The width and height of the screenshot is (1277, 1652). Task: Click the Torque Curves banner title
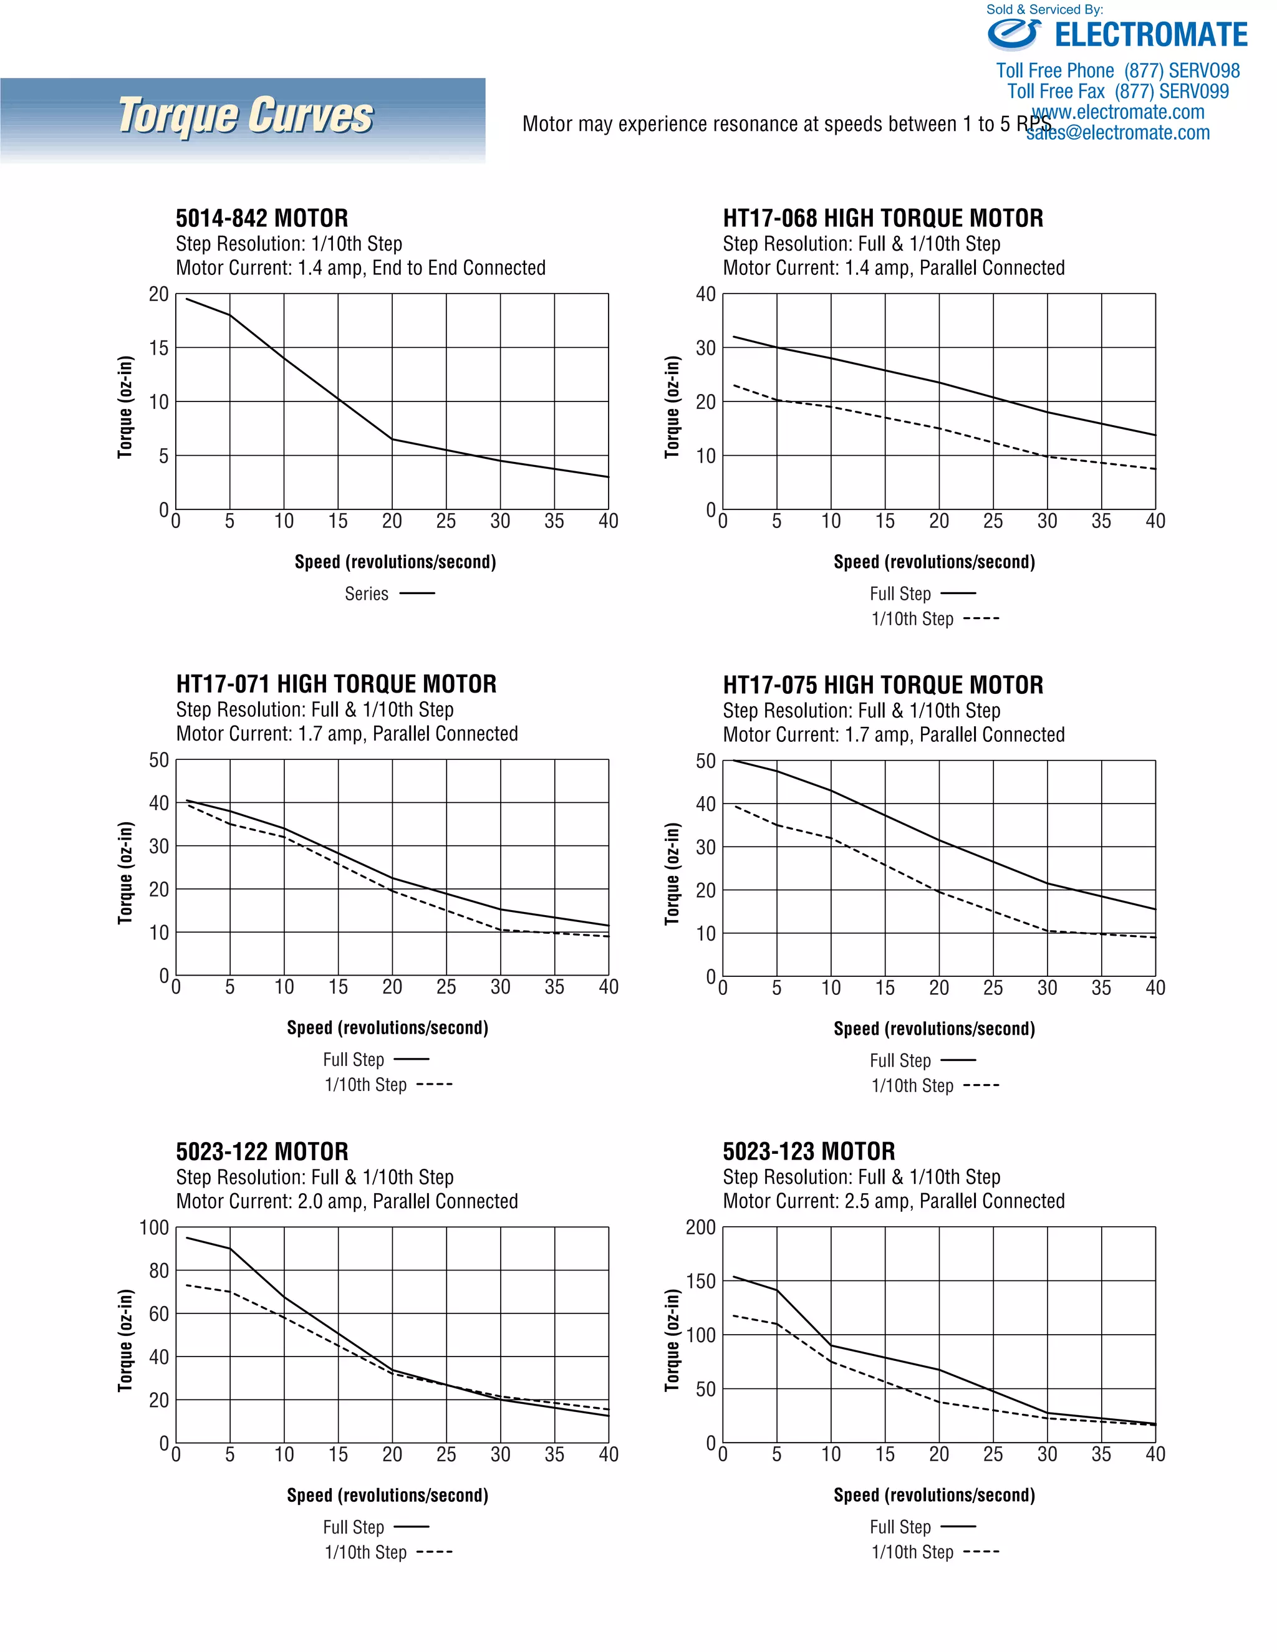[x=246, y=116]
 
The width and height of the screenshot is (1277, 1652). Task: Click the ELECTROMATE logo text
[x=1150, y=35]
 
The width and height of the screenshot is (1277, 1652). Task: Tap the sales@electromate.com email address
[x=1117, y=133]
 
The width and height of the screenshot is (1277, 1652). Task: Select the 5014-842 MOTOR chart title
[x=262, y=219]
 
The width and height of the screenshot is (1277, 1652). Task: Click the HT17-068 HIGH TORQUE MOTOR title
[x=882, y=219]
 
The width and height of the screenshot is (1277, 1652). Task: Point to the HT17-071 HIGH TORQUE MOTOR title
[x=336, y=684]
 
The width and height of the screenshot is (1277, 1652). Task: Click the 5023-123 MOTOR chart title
[x=808, y=1152]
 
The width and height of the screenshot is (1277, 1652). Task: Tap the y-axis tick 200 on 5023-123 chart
[x=700, y=1227]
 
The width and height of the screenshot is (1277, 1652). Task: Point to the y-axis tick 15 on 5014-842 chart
[x=159, y=348]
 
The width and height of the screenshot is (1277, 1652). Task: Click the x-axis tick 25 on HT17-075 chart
[x=993, y=989]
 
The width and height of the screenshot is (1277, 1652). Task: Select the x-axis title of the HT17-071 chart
[x=387, y=1028]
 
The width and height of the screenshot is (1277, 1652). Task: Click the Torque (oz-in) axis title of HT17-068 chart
[x=671, y=407]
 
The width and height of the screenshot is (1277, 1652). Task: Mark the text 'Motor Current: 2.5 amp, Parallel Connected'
[x=894, y=1201]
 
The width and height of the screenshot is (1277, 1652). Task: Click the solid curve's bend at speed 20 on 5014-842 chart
[x=392, y=439]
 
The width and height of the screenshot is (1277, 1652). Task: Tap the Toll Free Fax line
[x=1117, y=92]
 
